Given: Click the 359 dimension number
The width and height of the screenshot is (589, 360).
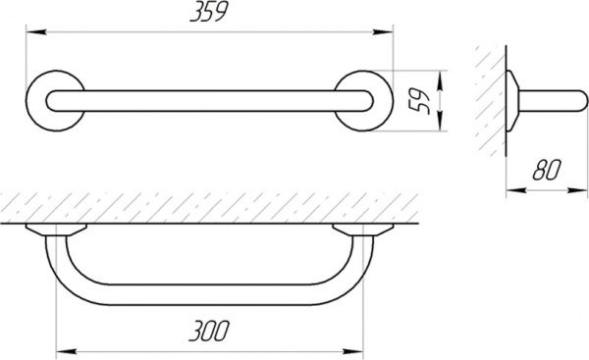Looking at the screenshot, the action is [x=209, y=13].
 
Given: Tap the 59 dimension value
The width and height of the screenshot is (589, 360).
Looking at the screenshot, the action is [x=419, y=101].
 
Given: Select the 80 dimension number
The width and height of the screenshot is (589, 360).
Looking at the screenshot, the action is [x=547, y=170].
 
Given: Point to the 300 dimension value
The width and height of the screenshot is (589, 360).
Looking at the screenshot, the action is [x=209, y=331].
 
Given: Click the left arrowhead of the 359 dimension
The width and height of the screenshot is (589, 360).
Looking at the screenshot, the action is [x=36, y=32].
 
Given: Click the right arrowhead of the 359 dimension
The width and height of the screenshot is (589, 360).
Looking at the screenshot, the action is [x=383, y=32].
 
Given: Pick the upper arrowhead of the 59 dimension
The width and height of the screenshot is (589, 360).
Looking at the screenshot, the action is [x=440, y=80].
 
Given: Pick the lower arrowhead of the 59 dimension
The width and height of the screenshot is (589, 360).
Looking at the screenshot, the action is [x=440, y=121].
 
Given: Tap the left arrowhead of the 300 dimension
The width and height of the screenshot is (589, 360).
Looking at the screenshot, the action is [x=66, y=351].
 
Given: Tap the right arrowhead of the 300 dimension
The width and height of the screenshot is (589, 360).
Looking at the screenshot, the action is [x=353, y=351].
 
